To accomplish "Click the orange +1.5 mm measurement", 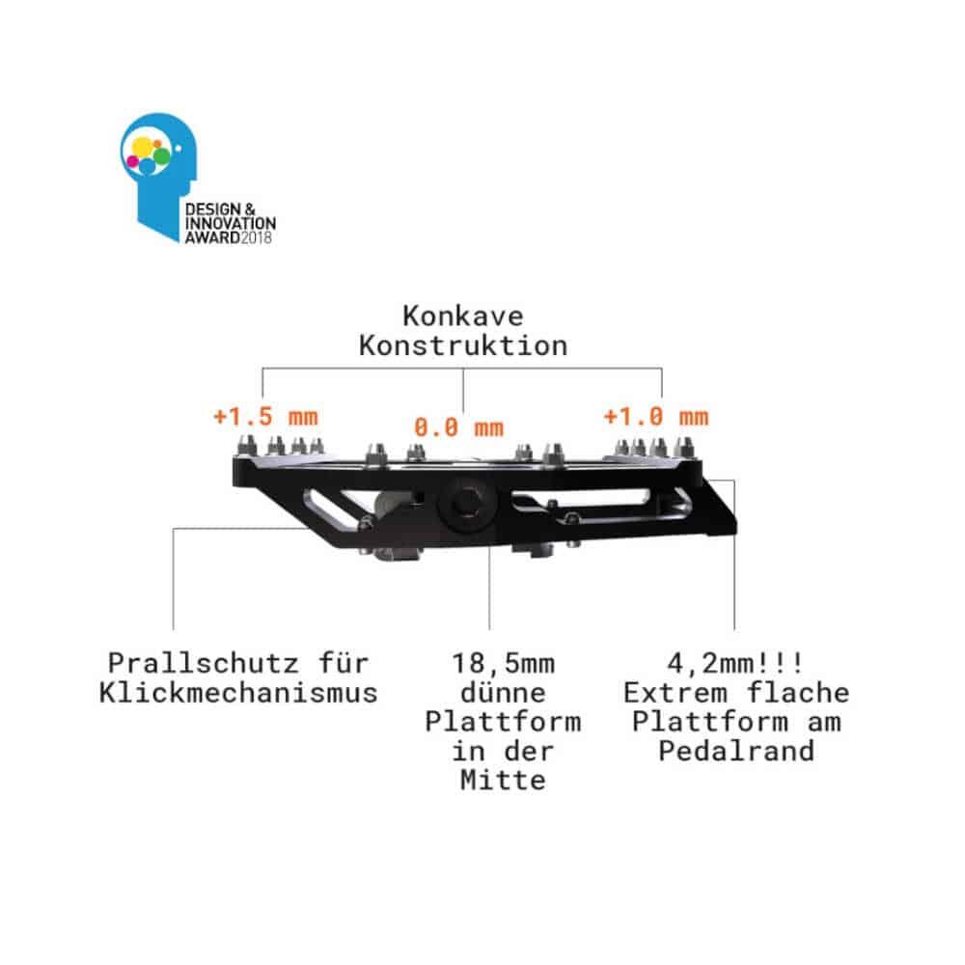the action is [265, 417].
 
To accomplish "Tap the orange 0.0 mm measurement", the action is [458, 427].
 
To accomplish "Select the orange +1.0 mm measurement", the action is [656, 417].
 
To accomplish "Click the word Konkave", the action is [463, 317].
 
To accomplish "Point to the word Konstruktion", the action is [463, 345].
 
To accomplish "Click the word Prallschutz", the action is [204, 664].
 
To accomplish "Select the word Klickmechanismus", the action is [238, 692].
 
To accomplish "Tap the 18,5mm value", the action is [503, 664].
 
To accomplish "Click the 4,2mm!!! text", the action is [735, 664].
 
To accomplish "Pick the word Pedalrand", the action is [736, 751].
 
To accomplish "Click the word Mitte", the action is [503, 780].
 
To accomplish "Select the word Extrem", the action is [675, 693].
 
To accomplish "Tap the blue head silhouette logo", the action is [159, 176].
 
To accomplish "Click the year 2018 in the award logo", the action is [256, 237].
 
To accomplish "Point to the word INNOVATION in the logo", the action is [231, 224].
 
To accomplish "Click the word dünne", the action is [503, 693].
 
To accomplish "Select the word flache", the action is [798, 693].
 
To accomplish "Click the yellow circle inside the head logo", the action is [142, 147].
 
